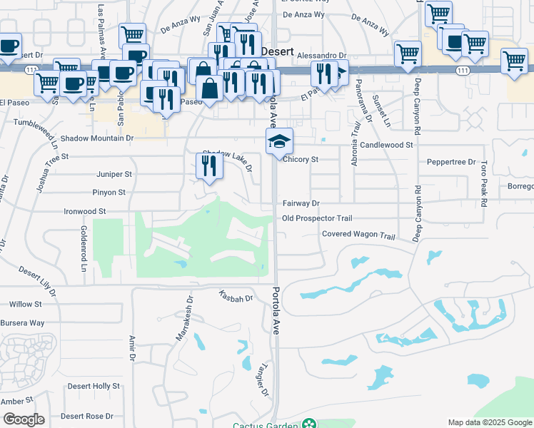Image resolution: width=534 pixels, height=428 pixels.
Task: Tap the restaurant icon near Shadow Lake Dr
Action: [209, 166]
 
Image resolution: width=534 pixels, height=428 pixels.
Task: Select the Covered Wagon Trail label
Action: [358, 235]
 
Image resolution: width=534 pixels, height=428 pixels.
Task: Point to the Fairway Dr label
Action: [300, 204]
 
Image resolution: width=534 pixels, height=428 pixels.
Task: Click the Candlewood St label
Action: [386, 145]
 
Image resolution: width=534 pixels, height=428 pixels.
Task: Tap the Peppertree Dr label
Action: [451, 163]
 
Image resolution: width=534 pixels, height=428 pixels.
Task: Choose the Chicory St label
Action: [300, 160]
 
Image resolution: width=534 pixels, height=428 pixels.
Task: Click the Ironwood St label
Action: [85, 212]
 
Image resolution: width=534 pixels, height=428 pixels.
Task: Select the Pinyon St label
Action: [109, 193]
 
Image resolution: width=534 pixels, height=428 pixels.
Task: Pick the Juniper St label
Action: [114, 174]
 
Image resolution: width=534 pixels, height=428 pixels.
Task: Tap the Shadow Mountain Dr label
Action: [97, 138]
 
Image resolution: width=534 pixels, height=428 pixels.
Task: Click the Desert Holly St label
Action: [94, 386]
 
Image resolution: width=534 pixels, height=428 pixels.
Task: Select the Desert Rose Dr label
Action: [87, 416]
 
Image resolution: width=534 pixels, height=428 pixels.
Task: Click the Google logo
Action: [24, 419]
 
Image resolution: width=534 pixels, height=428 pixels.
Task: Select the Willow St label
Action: [26, 305]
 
